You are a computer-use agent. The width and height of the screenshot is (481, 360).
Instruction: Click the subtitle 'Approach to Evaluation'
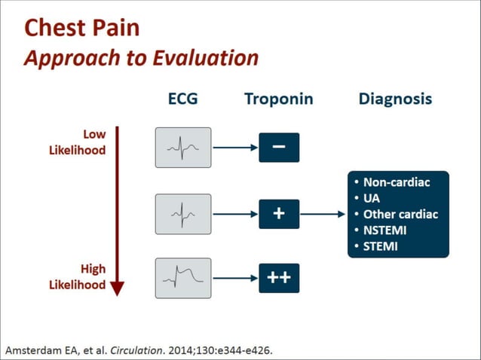pyautogui.click(x=141, y=58)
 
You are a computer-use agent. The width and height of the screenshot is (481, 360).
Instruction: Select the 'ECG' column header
pyautogui.click(x=182, y=99)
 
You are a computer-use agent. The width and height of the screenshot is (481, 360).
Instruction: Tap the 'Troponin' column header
pyautogui.click(x=278, y=99)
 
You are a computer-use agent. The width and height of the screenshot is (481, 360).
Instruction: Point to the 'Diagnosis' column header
pyautogui.click(x=395, y=99)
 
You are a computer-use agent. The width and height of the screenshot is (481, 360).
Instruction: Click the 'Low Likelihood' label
pyautogui.click(x=84, y=142)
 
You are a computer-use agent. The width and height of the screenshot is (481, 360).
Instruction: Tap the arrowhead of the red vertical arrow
pyautogui.click(x=117, y=288)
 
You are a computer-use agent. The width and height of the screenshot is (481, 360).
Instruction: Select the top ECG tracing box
pyautogui.click(x=183, y=148)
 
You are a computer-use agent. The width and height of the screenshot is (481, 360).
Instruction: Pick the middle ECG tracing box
pyautogui.click(x=183, y=214)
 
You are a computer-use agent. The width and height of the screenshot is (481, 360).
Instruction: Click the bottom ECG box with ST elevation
pyautogui.click(x=183, y=278)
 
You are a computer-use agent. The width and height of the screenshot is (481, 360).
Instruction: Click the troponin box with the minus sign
pyautogui.click(x=279, y=148)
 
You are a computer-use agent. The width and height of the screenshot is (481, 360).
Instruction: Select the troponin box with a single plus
pyautogui.click(x=279, y=214)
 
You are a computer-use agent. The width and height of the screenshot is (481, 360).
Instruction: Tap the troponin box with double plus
pyautogui.click(x=279, y=278)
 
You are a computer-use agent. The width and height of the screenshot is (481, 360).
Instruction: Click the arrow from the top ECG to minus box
pyautogui.click(x=235, y=148)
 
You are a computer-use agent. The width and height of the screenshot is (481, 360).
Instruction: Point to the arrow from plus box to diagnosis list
pyautogui.click(x=323, y=214)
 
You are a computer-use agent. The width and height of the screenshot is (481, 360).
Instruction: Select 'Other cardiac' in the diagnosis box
pyautogui.click(x=400, y=214)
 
